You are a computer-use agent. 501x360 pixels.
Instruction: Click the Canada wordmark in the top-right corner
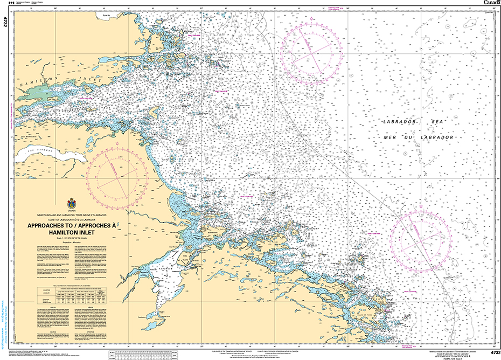491,3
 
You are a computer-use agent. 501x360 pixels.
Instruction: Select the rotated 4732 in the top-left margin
5,22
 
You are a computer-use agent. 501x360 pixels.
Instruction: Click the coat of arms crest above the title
71,204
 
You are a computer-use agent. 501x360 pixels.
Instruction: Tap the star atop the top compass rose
311,23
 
